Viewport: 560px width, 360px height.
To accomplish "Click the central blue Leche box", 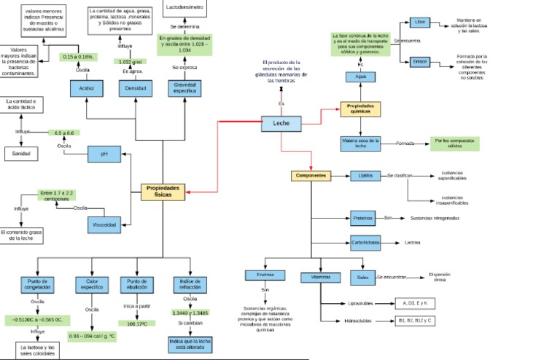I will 281,124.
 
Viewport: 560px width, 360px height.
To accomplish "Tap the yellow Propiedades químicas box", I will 361,109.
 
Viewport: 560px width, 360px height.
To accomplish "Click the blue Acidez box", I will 87,88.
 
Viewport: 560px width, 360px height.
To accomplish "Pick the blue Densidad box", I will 136,88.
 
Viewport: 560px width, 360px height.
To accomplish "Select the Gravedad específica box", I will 185,88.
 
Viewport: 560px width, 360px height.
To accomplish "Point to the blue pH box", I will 104,154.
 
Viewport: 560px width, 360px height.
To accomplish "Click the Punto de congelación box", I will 37,284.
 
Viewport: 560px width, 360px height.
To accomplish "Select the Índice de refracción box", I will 190,284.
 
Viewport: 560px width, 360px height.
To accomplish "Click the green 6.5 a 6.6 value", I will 64,133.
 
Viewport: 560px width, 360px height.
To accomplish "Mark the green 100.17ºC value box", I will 136,324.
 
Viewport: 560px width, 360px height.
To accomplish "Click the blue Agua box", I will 360,77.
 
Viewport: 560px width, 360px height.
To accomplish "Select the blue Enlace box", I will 420,61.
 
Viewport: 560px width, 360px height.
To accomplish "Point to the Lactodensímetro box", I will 184,7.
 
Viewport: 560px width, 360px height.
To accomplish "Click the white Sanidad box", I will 26,153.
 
